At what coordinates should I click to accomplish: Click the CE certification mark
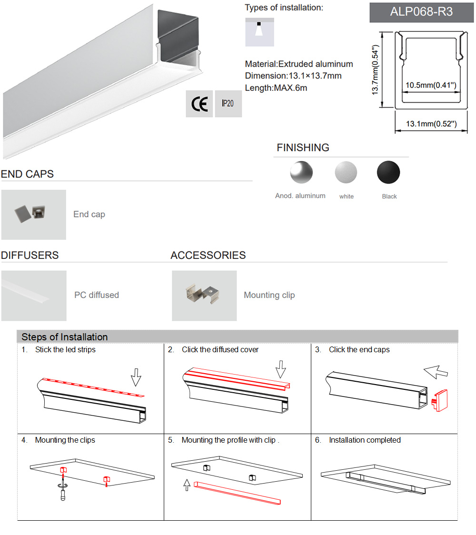(199, 104)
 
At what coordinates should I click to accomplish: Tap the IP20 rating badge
(228, 104)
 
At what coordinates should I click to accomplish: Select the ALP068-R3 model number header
(421, 12)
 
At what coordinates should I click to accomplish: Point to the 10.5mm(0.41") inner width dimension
(431, 85)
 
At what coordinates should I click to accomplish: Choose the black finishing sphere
(388, 172)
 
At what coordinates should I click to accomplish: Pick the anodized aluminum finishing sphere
(301, 172)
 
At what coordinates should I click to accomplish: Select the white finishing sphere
(346, 172)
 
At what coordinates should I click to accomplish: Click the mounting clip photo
(204, 296)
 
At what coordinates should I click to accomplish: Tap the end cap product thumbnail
(33, 215)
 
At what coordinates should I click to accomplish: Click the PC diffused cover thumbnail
(33, 296)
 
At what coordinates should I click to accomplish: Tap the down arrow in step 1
(136, 376)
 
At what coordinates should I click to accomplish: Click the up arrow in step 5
(187, 485)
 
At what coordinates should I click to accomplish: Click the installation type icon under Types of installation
(259, 32)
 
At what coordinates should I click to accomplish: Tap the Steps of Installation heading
(65, 337)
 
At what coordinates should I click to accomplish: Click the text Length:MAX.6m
(276, 88)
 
